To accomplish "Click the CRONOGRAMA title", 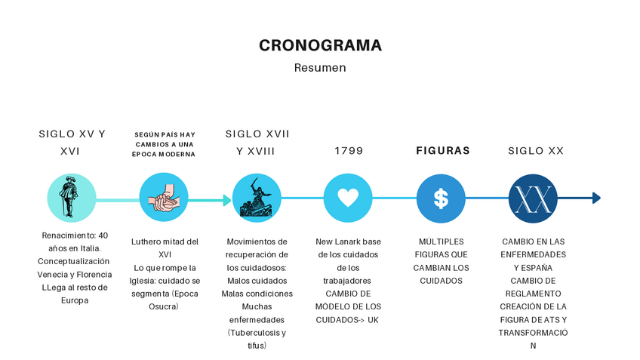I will pos(320,45).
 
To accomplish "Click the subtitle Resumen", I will pos(320,68).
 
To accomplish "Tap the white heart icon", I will pos(348,198).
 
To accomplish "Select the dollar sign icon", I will pos(441,198).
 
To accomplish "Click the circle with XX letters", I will pos(533,198).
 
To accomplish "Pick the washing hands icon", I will pos(164,198).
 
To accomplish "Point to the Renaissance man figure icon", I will pos(72,198).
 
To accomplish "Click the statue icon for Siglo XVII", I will pos(256,198).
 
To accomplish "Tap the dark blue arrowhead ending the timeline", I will pos(596,198).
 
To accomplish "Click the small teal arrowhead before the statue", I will pos(227,200).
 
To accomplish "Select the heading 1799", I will pos(349,151).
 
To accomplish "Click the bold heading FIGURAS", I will pos(443,151).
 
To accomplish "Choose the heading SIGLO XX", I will pos(536,151).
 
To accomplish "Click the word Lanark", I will pos(352,242).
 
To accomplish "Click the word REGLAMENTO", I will pos(533,294).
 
